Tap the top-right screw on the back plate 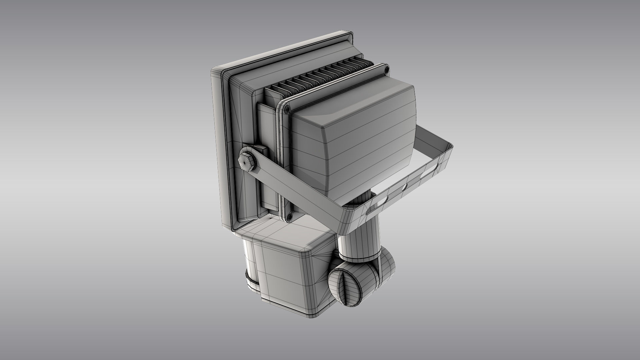coord(387,70)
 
